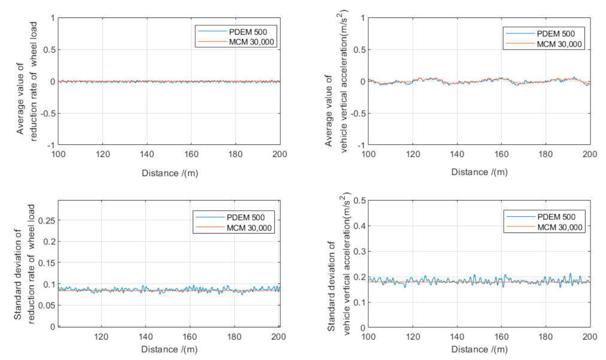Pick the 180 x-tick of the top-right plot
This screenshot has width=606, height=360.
click(546, 155)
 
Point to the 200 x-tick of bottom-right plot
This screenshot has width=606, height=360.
click(590, 337)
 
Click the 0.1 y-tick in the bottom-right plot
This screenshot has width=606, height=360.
click(357, 302)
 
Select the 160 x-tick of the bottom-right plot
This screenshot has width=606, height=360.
click(501, 337)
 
